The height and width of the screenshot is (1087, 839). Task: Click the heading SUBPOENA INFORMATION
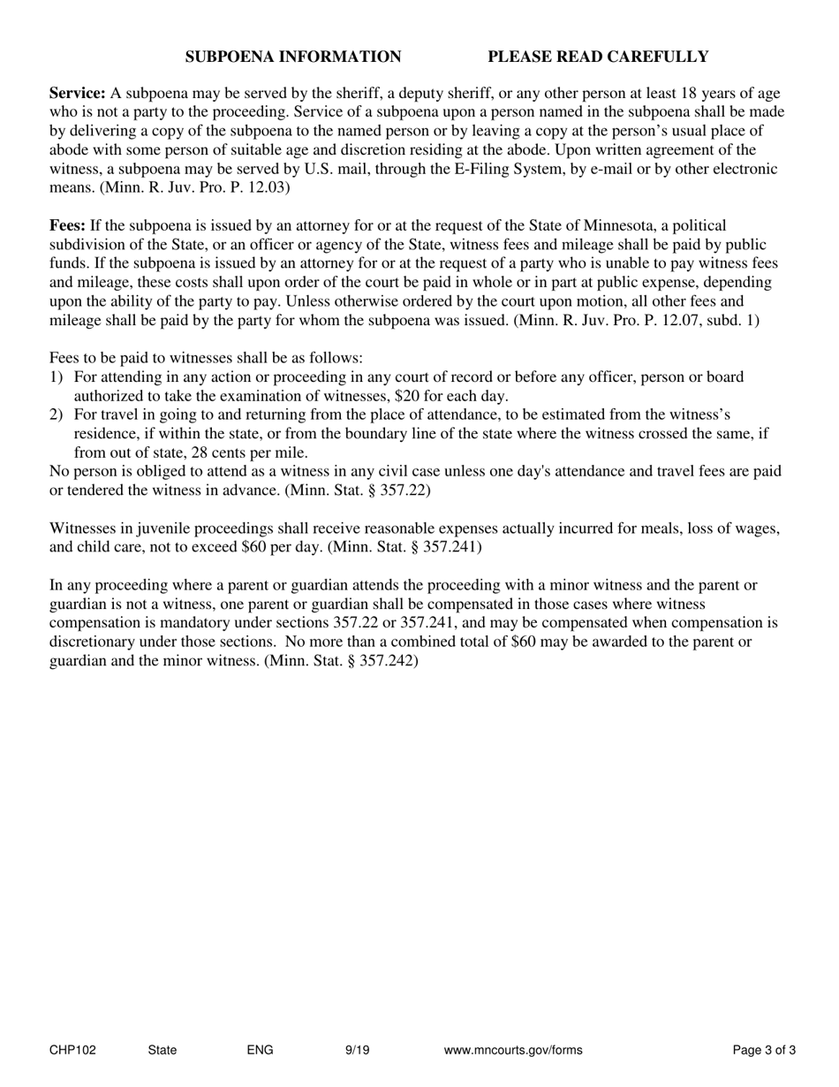click(x=292, y=57)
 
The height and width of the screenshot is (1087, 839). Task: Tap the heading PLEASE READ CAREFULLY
click(x=598, y=57)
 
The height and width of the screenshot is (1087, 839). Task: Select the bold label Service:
click(x=78, y=94)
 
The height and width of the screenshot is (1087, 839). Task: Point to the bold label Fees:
click(x=67, y=226)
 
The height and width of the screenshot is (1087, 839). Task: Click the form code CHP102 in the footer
click(x=72, y=1051)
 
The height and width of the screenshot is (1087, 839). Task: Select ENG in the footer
click(x=260, y=1051)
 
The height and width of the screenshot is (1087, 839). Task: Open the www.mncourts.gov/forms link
click(x=512, y=1051)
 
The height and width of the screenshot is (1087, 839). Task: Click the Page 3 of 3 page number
click(x=764, y=1051)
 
